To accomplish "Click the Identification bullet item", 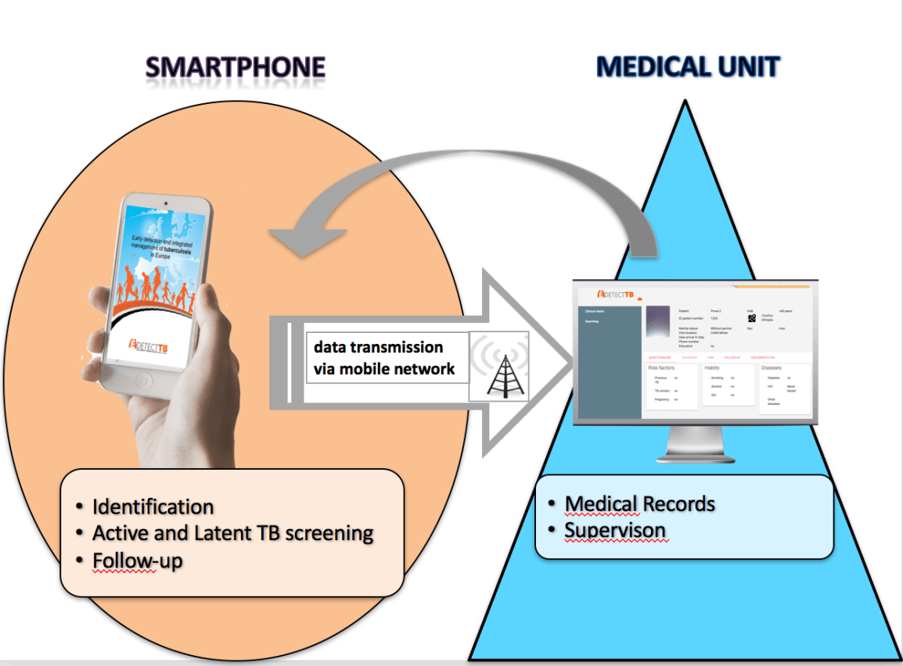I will [x=153, y=507].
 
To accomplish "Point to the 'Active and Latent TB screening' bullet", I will [x=232, y=533].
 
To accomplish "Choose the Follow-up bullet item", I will [x=138, y=560].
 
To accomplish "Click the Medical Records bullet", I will [x=639, y=503].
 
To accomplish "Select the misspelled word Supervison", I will [x=615, y=530].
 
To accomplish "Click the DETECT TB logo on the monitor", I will [x=615, y=294].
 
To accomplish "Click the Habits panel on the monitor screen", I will [x=728, y=383].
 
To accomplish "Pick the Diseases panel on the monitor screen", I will [x=786, y=388].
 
